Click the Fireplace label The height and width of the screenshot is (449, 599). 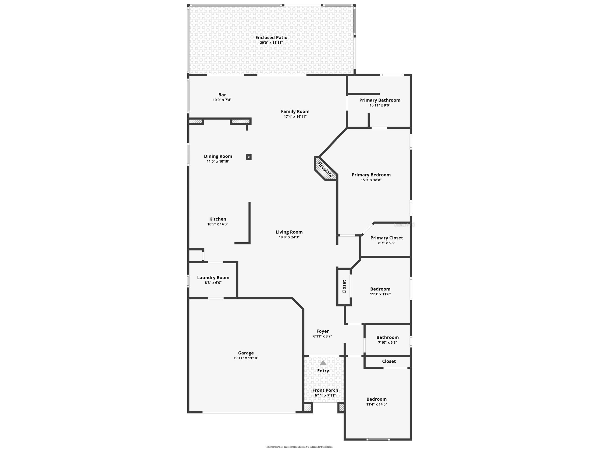tap(325, 170)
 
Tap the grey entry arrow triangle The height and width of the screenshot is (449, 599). tap(323, 363)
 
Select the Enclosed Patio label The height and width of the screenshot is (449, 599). tap(271, 38)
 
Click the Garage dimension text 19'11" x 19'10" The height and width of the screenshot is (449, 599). tap(246, 358)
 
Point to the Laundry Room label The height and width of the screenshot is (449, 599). tap(213, 278)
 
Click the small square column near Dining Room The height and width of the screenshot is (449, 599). tap(249, 157)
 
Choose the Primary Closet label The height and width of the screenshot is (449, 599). tap(386, 238)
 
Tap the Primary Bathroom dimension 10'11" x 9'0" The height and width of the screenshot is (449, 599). tap(380, 105)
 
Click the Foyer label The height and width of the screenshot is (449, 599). tap(323, 331)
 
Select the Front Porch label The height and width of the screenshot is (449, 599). tap(325, 390)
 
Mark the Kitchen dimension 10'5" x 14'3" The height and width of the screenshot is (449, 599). tap(218, 224)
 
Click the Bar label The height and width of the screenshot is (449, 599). tap(222, 95)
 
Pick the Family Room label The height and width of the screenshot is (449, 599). tap(295, 112)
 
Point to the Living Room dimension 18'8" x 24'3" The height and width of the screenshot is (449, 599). tap(289, 237)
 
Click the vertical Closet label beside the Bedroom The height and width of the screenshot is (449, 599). tap(344, 287)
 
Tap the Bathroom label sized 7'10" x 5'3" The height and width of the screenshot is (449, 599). tap(388, 337)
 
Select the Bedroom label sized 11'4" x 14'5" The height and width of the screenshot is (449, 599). tap(376, 399)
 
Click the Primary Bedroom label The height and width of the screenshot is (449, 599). tap(371, 175)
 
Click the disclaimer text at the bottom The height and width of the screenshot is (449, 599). tap(299, 447)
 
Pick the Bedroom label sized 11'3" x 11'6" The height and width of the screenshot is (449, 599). tap(380, 289)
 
